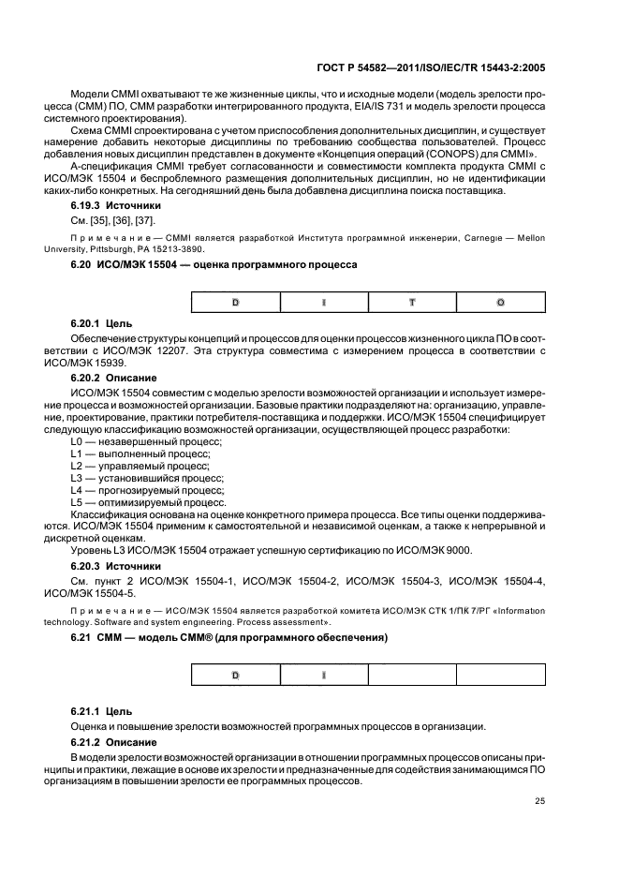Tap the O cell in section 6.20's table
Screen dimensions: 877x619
[x=500, y=303]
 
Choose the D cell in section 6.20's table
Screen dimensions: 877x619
[x=236, y=303]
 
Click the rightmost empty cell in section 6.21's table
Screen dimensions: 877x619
[x=500, y=675]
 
